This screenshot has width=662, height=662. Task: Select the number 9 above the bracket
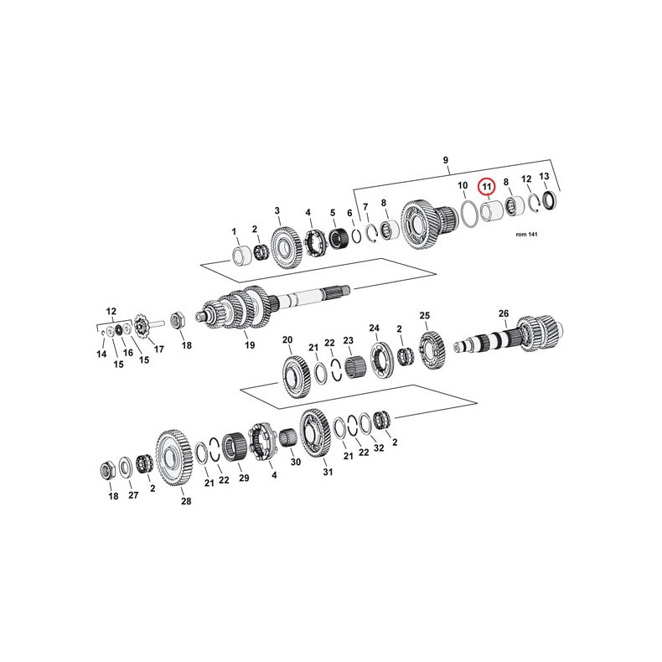[446, 158]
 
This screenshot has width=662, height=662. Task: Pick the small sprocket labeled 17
[142, 327]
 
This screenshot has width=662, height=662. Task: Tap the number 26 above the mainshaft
[504, 313]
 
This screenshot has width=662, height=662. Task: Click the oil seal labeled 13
[549, 200]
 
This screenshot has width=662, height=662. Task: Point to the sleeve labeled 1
[241, 254]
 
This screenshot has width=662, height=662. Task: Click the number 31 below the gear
[328, 473]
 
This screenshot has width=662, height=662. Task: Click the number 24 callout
[374, 328]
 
